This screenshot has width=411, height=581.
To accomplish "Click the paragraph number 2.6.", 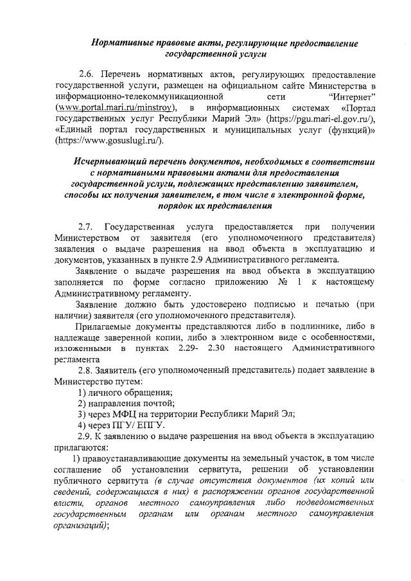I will coord(87,74).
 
